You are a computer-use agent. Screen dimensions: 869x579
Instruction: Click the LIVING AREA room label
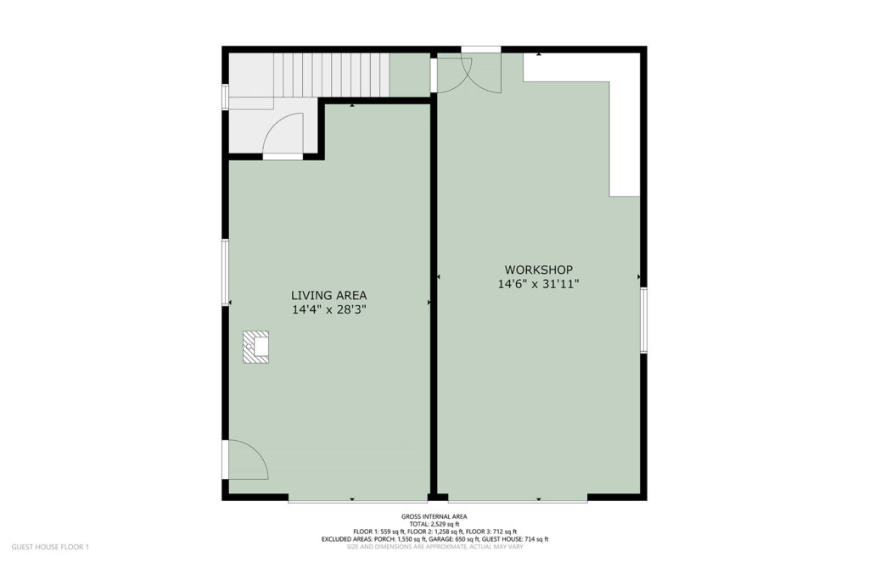pyautogui.click(x=328, y=296)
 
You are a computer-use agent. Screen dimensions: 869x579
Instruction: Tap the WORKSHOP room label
pyautogui.click(x=538, y=270)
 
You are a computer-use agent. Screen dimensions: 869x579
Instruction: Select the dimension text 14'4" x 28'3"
pyautogui.click(x=329, y=310)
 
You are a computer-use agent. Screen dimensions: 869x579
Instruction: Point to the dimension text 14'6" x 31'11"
pyautogui.click(x=538, y=285)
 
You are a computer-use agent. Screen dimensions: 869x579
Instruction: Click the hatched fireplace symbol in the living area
pyautogui.click(x=255, y=347)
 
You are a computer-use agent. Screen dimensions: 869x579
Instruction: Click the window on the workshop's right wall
pyautogui.click(x=643, y=320)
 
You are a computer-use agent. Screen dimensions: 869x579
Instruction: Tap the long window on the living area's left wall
pyautogui.click(x=226, y=272)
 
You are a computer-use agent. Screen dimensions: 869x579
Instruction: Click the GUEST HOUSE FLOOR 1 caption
pyautogui.click(x=50, y=547)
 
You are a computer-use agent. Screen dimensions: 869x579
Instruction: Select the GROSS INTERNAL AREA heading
pyautogui.click(x=434, y=517)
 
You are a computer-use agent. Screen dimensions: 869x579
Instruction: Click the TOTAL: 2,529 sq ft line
pyautogui.click(x=434, y=524)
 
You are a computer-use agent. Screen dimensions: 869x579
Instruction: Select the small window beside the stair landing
pyautogui.click(x=226, y=97)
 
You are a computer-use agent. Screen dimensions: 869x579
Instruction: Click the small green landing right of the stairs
pyautogui.click(x=410, y=75)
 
